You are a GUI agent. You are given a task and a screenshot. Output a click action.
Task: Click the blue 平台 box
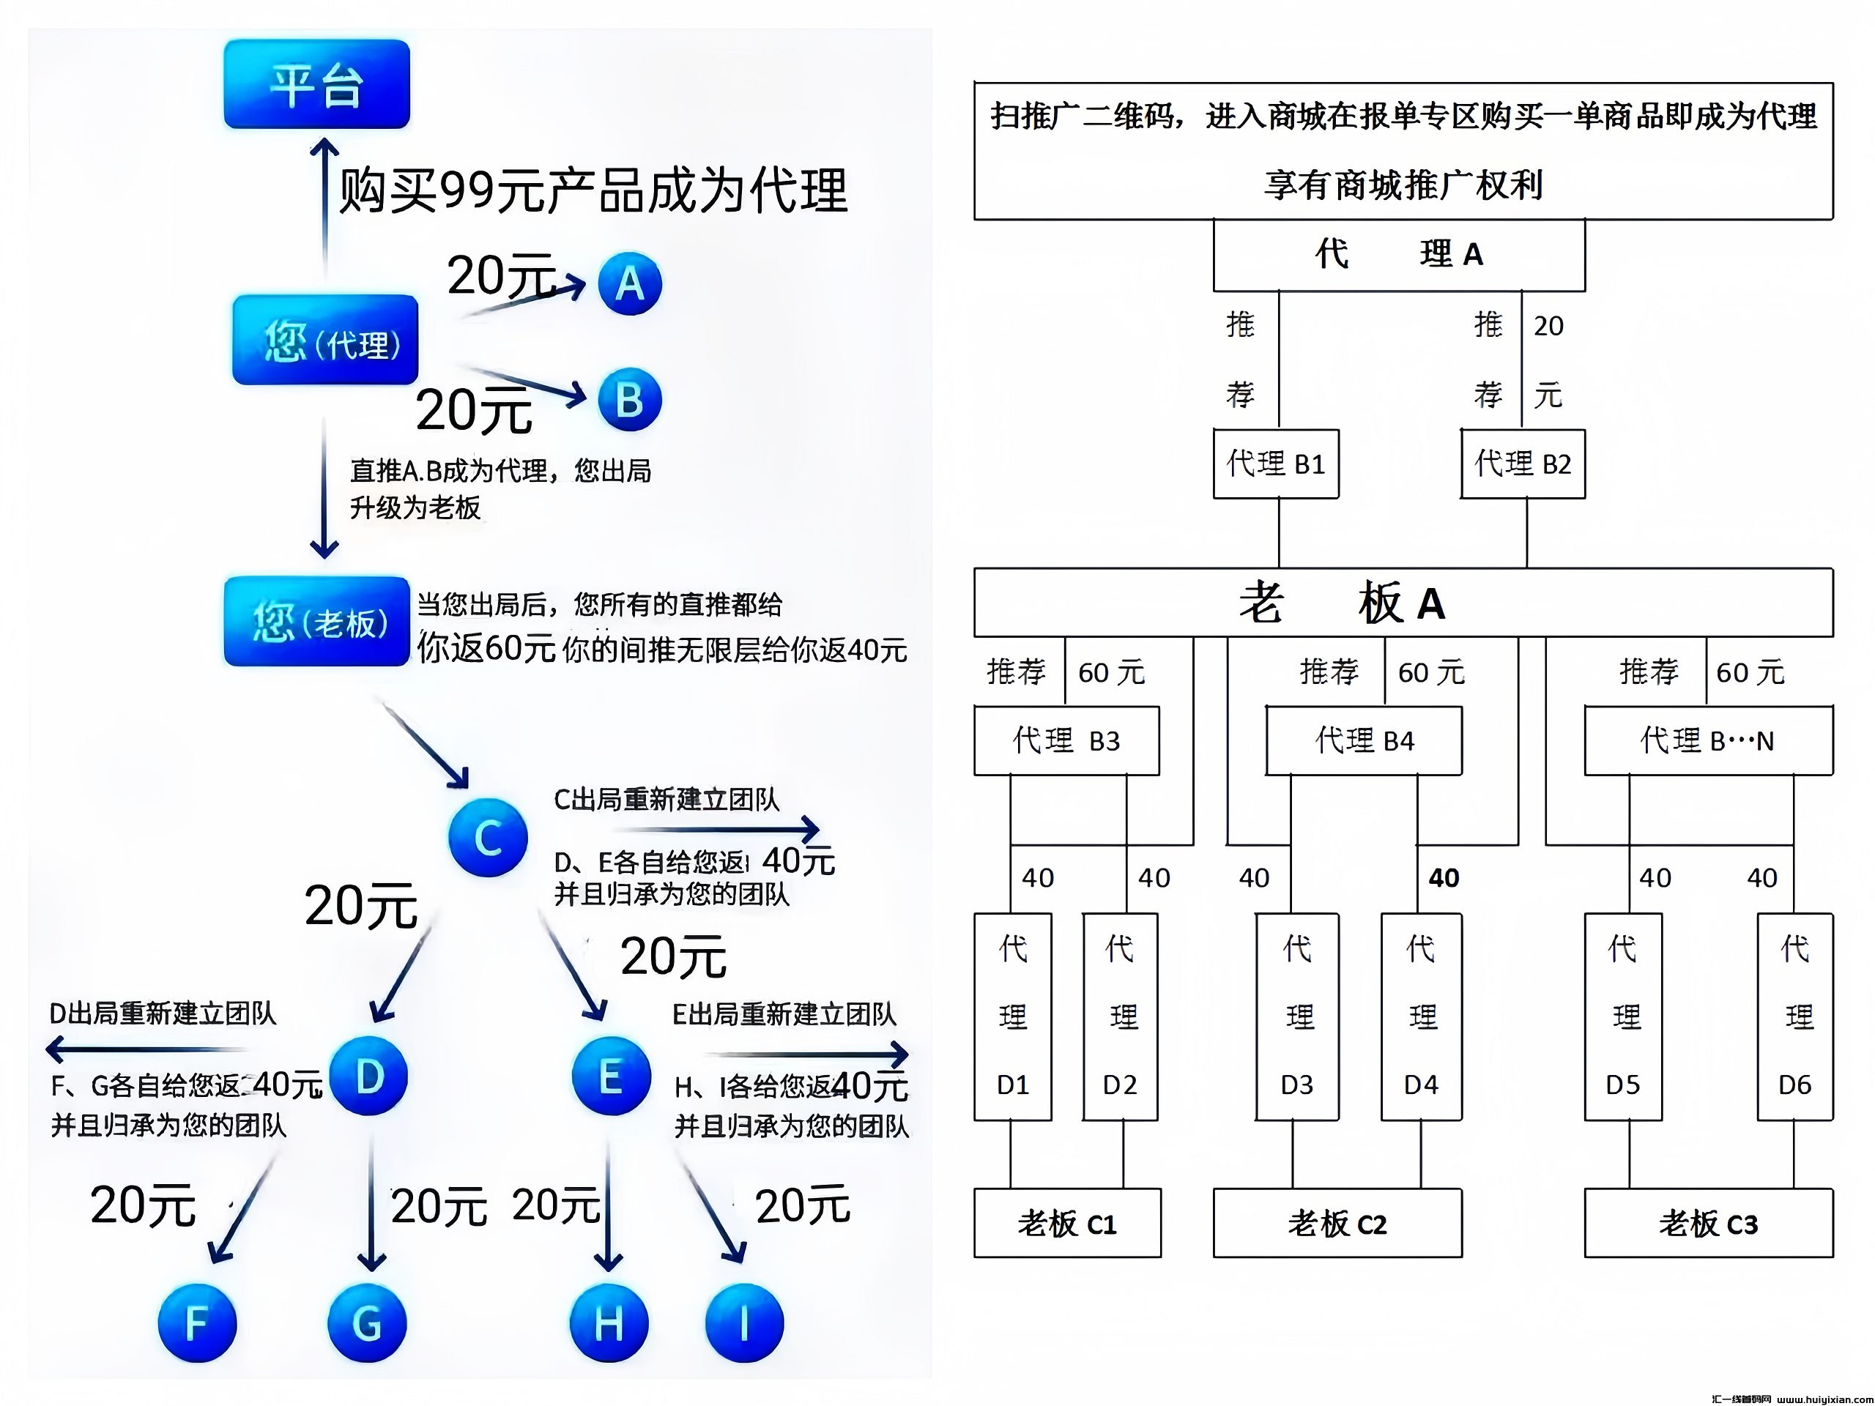tap(316, 84)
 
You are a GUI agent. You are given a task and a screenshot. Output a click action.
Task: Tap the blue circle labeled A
tap(629, 283)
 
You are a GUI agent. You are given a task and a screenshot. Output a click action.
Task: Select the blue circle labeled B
tap(629, 399)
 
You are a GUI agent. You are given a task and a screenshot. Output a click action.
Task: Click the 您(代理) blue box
tap(324, 340)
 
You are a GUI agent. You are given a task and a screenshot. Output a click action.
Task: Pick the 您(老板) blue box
tap(316, 621)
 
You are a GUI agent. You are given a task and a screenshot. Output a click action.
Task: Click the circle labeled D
tap(368, 1076)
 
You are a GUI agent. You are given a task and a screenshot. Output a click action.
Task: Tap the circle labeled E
tap(610, 1076)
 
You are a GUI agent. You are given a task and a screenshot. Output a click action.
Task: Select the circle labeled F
tap(196, 1322)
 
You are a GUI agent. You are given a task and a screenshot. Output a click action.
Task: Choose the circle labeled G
tap(366, 1322)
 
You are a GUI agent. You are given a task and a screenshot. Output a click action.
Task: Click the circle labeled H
tap(609, 1322)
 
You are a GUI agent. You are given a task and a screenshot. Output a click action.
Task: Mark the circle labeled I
tap(743, 1322)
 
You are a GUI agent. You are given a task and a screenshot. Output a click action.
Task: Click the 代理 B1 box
tap(1276, 464)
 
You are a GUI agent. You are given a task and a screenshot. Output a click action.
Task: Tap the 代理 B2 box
tap(1523, 464)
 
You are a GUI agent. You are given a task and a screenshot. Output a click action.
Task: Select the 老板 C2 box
tap(1337, 1223)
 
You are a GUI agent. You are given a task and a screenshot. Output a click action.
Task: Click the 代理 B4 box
tap(1363, 741)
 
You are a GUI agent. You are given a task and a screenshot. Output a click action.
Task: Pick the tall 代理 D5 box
tap(1622, 1017)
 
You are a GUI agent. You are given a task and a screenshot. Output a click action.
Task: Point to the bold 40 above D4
tap(1444, 878)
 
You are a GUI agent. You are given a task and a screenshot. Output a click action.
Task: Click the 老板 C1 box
tap(1067, 1223)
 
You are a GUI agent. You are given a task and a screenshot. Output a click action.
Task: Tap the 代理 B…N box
tap(1708, 741)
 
